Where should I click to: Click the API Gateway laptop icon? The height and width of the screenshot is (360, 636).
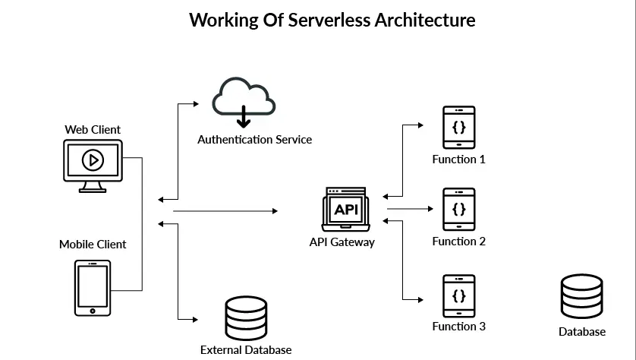coord(345,210)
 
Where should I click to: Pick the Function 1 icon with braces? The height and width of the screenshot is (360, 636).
coord(459,127)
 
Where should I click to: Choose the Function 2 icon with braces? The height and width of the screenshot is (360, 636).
coord(459,209)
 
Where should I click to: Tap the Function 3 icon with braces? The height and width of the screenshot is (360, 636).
coord(459,295)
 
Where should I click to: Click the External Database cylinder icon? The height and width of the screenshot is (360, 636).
coord(246,318)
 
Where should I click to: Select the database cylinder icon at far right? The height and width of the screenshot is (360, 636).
coord(582,297)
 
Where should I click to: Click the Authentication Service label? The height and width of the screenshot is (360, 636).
coord(254,140)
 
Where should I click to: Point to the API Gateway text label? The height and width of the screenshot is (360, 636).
coord(342,242)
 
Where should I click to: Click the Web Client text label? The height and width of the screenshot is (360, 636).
coord(93,130)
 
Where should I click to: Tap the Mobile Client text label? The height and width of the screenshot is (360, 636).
coord(93,245)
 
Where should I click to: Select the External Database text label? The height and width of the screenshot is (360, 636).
coord(246,350)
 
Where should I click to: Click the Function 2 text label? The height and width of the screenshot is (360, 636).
coord(458,242)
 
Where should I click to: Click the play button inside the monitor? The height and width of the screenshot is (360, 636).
coord(93,160)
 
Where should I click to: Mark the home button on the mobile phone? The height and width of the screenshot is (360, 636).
coord(93,310)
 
